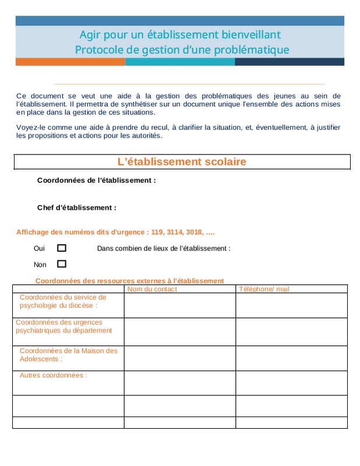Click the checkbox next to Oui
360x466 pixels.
62,248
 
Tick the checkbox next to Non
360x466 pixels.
62,264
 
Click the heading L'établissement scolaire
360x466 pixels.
182,162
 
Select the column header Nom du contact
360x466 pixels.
152,289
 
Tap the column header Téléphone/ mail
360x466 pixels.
264,289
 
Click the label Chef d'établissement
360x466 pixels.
77,207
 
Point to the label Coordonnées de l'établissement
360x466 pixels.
97,181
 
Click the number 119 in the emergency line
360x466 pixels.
157,232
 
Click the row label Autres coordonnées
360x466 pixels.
53,375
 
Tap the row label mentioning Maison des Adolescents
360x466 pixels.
68,355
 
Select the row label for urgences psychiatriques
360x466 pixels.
63,326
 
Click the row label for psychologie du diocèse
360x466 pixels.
63,301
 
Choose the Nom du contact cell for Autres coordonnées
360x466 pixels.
179,383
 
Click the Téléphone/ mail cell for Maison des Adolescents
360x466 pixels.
291,358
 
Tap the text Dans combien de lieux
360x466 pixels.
164,248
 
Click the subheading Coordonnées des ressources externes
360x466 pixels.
129,281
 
